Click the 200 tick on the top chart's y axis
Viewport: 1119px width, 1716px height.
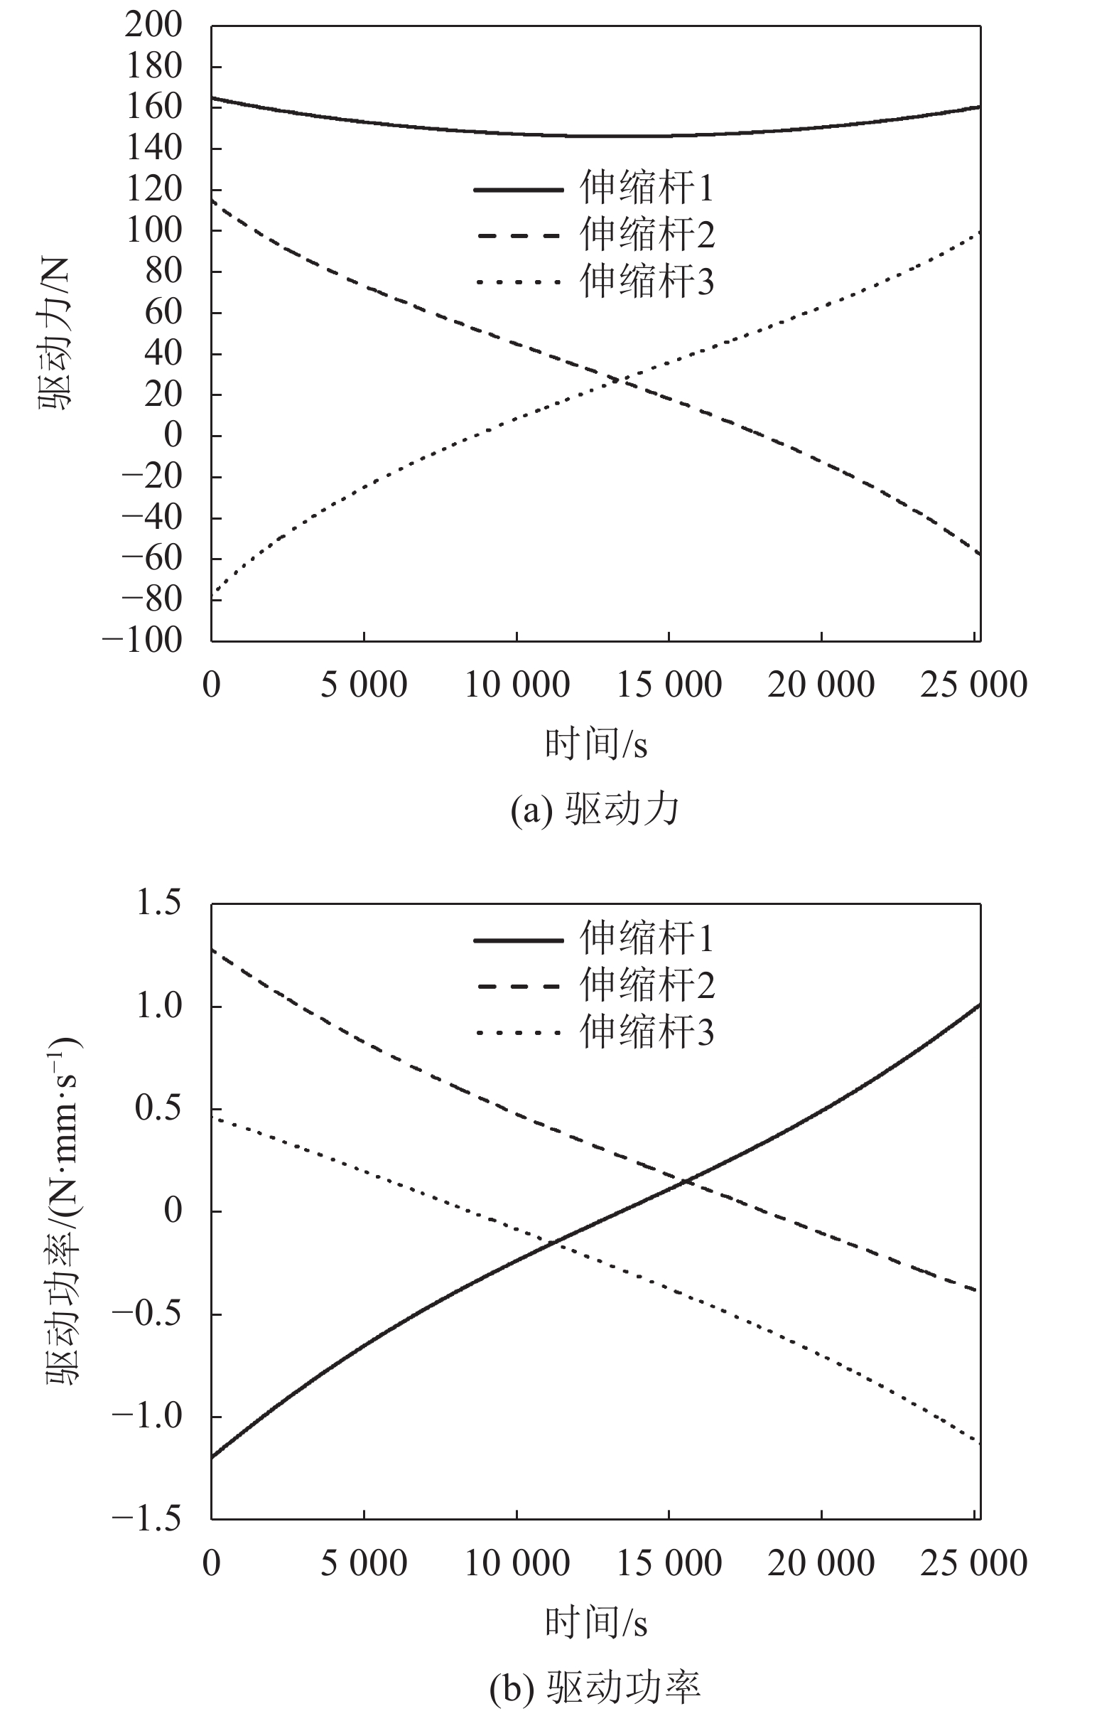point(153,26)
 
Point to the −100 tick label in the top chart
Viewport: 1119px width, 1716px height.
point(142,640)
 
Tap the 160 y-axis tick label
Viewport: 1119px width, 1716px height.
point(153,107)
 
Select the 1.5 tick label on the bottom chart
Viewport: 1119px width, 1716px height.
point(158,903)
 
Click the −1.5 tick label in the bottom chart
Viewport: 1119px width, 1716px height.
point(146,1519)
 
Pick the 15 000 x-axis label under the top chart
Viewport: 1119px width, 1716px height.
point(669,685)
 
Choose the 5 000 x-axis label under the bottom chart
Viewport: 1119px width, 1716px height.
point(363,1564)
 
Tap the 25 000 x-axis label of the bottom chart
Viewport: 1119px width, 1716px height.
point(973,1564)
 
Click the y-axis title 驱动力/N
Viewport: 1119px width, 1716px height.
point(55,334)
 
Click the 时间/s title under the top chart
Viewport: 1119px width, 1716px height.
point(595,744)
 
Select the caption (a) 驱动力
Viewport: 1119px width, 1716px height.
point(595,809)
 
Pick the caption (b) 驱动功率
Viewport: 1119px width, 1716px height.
point(595,1687)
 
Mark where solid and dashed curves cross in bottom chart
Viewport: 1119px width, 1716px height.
point(688,1181)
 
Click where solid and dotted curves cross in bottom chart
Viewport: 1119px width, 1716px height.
point(556,1242)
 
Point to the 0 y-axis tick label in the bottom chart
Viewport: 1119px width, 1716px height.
point(173,1211)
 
